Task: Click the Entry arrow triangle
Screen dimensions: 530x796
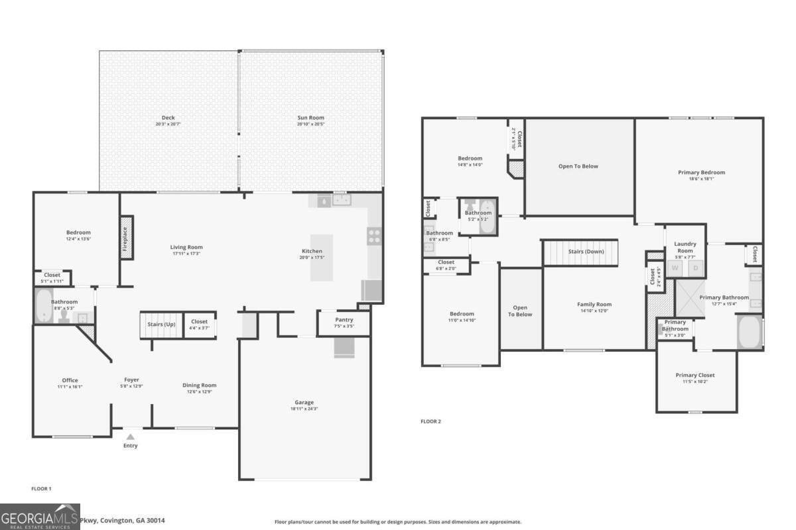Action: tap(131, 437)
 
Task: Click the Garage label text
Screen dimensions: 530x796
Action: tap(304, 402)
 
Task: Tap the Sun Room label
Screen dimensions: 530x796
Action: tap(310, 118)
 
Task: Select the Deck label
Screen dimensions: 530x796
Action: tap(168, 118)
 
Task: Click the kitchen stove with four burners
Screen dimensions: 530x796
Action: tap(374, 237)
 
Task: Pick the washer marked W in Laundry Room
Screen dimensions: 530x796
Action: tap(675, 268)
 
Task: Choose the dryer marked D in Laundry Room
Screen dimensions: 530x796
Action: tap(696, 268)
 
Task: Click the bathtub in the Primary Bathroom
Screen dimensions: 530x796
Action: tap(750, 333)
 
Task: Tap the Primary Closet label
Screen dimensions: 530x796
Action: tap(695, 375)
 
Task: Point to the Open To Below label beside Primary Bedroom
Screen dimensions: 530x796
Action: tap(578, 166)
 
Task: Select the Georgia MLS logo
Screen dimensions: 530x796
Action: tap(40, 517)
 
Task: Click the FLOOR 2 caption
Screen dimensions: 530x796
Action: tap(431, 421)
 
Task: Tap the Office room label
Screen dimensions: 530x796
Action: tap(70, 380)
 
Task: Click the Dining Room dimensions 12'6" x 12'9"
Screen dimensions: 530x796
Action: tap(200, 392)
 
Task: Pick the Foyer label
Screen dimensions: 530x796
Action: tap(131, 380)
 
